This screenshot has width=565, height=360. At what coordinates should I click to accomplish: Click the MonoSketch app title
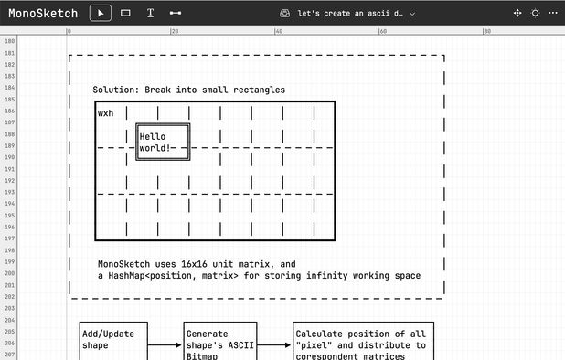point(43,14)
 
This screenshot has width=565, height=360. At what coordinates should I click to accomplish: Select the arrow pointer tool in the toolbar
point(101,14)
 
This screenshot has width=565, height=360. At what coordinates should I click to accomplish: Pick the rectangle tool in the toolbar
point(125,14)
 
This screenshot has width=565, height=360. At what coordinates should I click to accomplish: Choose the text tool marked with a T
point(150,14)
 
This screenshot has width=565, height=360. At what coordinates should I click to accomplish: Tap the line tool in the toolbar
point(175,14)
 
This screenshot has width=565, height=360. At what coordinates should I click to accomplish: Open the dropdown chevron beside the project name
point(412,14)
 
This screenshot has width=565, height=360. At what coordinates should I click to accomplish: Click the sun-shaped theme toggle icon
point(535,14)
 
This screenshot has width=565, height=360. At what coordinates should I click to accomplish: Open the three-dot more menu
point(552,14)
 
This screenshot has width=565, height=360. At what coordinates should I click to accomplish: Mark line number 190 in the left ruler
point(9,157)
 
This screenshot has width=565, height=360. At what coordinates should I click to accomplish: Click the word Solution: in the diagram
point(116,90)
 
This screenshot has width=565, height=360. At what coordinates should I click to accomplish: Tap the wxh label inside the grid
point(106,113)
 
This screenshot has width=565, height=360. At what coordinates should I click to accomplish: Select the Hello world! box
point(163,143)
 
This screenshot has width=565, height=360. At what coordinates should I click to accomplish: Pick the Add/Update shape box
point(108,339)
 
